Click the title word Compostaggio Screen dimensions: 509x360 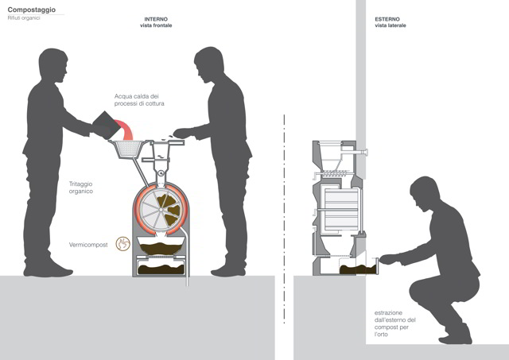(x=32, y=10)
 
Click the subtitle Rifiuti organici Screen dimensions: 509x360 (x=24, y=18)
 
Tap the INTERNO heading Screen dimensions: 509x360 (x=156, y=19)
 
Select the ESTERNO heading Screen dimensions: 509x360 (x=387, y=19)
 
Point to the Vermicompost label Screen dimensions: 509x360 (x=88, y=245)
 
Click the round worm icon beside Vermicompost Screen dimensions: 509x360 (x=123, y=244)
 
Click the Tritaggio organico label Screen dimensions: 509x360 (x=81, y=188)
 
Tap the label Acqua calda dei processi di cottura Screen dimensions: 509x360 (x=139, y=100)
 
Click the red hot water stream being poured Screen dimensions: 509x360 (x=125, y=129)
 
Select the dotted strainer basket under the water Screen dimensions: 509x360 (x=126, y=149)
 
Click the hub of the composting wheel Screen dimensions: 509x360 (x=161, y=210)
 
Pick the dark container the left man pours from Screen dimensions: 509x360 (x=106, y=125)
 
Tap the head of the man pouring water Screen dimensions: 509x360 (x=52, y=64)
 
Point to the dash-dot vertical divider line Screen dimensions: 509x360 (x=285, y=219)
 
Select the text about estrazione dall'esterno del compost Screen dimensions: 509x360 (x=394, y=323)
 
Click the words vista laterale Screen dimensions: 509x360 (x=390, y=25)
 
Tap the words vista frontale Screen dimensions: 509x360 (x=156, y=25)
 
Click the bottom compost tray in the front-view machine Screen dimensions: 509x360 (x=161, y=267)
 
